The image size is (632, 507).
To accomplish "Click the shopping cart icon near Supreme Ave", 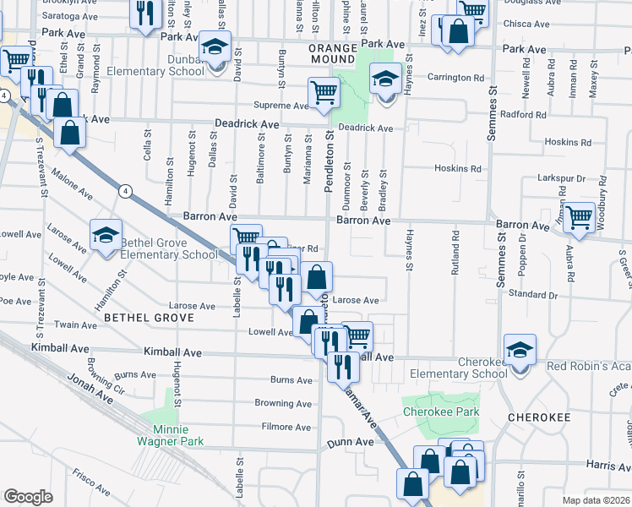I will [324, 93].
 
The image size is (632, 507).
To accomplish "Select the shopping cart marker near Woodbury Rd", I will [579, 218].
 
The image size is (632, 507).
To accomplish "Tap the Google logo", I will [29, 496].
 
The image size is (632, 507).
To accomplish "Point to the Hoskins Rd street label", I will [457, 168].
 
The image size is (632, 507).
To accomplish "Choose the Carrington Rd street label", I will [460, 77].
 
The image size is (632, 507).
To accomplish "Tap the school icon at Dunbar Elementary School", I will [216, 47].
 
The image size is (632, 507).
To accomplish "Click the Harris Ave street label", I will [607, 466].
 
